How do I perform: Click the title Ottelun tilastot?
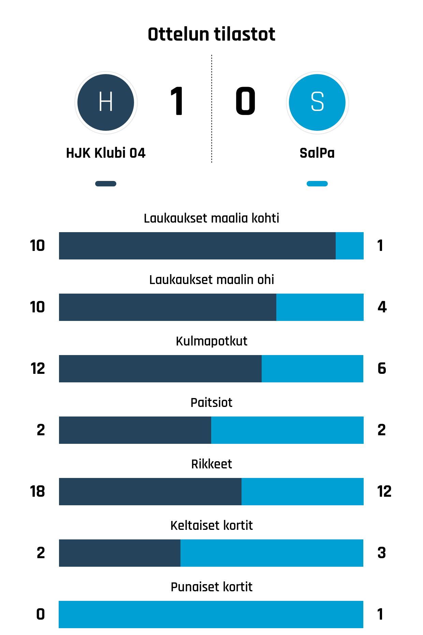(211, 34)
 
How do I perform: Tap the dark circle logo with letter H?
(106, 102)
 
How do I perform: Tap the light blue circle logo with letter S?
(317, 102)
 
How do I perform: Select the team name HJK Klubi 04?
(106, 153)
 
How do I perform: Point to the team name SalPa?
(317, 153)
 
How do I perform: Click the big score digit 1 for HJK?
(177, 101)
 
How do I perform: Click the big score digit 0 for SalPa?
(245, 101)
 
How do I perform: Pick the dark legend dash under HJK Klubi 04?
(106, 184)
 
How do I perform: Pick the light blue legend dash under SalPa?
(317, 184)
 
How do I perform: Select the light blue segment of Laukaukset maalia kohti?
(350, 246)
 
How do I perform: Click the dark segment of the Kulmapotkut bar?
(160, 369)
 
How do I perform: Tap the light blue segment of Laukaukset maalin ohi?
(320, 307)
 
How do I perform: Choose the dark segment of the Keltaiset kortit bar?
(120, 553)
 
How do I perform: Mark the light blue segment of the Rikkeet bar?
(303, 492)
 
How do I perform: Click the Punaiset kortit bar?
(211, 615)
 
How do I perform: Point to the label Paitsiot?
(211, 403)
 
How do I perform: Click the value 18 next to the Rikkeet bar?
(38, 492)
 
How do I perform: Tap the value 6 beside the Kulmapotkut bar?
(382, 369)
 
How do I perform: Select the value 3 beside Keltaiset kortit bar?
(382, 553)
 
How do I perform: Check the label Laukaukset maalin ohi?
(211, 280)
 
